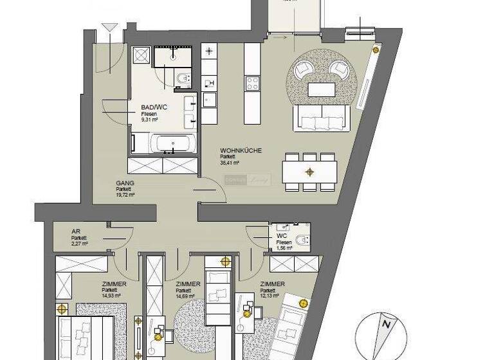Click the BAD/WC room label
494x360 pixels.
click(152, 108)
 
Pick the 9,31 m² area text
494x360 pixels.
click(150, 120)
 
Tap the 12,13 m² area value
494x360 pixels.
click(270, 296)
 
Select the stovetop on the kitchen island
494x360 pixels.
click(252, 83)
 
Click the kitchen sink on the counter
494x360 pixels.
click(210, 100)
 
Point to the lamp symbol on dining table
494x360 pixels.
click(310, 172)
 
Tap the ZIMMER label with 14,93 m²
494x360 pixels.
click(113, 284)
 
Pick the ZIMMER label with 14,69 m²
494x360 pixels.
click(187, 284)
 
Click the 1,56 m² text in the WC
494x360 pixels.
click(284, 248)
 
